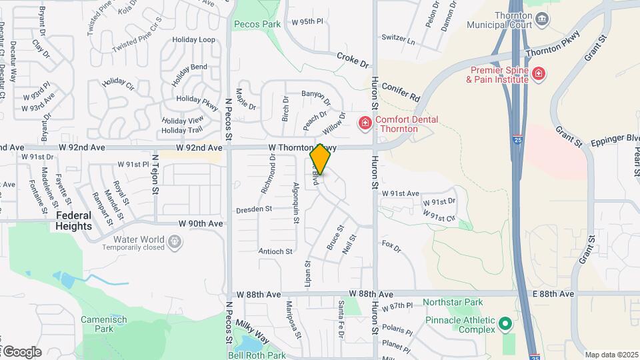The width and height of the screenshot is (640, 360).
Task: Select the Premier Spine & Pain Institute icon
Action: click(x=539, y=73)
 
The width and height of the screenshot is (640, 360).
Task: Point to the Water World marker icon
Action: click(x=175, y=243)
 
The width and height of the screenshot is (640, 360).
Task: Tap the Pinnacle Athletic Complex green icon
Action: click(x=505, y=325)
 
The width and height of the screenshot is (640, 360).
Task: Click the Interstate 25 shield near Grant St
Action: click(x=519, y=140)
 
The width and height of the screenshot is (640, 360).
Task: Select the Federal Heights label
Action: click(x=74, y=221)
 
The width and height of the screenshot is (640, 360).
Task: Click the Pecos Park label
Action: click(x=257, y=24)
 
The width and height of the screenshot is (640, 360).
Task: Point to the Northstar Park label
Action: click(x=453, y=303)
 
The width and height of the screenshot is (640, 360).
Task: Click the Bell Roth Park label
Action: click(x=257, y=355)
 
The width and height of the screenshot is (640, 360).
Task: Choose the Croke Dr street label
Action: click(x=353, y=59)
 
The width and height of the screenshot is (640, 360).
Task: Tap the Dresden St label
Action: click(x=254, y=209)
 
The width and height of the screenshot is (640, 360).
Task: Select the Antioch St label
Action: click(x=275, y=251)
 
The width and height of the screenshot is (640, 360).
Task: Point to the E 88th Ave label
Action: click(x=553, y=294)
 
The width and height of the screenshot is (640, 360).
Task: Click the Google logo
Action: click(x=21, y=352)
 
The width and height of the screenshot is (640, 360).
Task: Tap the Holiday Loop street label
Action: click(x=193, y=40)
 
